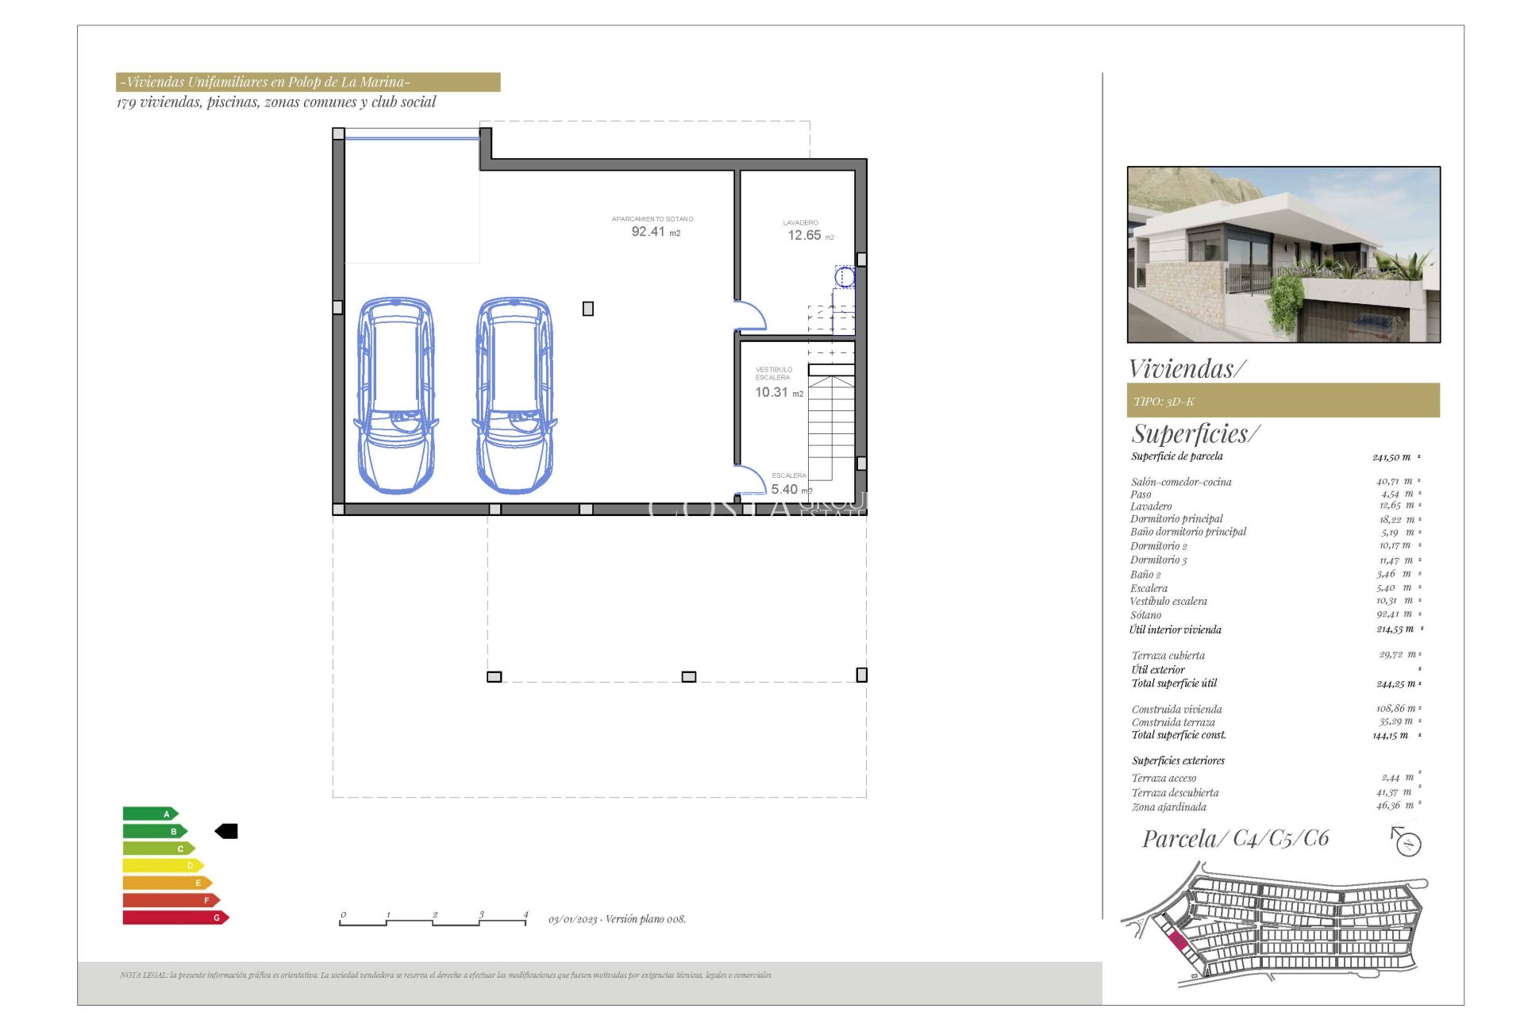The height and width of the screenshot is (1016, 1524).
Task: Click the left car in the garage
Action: click(396, 394)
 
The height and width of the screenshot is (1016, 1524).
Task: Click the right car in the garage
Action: click(514, 394)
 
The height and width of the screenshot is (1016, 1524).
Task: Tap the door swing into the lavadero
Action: click(749, 316)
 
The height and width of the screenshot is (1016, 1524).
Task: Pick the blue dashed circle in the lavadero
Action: click(845, 277)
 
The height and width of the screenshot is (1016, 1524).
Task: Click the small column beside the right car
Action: click(588, 309)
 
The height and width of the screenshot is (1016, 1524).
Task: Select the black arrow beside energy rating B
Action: click(227, 831)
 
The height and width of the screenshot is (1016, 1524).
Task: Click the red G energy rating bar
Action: click(175, 918)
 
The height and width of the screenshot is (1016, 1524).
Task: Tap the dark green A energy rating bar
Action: click(149, 814)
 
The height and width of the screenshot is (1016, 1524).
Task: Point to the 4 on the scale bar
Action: click(525, 915)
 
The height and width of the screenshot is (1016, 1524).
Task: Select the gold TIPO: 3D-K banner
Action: click(1283, 401)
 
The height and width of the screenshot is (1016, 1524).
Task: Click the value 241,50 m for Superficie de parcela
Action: click(1391, 457)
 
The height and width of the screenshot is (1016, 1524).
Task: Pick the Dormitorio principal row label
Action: click(1176, 519)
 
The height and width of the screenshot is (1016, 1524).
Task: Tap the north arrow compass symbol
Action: click(1407, 842)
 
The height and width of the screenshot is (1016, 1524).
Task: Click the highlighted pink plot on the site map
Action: click(1178, 942)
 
